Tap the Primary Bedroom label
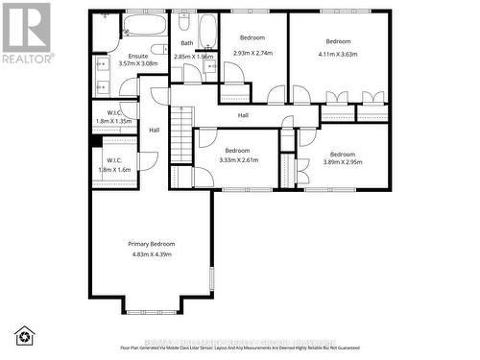(152, 245)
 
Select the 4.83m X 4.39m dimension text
(152, 253)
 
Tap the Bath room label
(186, 43)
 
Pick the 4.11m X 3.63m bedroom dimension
(338, 54)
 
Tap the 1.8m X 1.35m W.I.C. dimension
(113, 122)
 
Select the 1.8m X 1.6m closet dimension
(113, 169)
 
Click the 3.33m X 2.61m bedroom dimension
(237, 160)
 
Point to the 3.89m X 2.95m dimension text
(343, 163)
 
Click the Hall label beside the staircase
(154, 131)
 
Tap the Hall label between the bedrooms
(243, 115)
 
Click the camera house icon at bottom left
(24, 335)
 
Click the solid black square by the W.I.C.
(97, 142)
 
